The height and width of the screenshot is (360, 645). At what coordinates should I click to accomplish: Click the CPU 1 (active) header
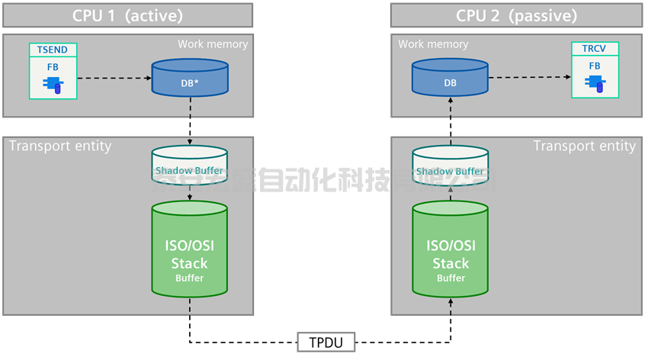click(x=127, y=15)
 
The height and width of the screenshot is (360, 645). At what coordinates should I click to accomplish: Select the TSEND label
click(x=53, y=50)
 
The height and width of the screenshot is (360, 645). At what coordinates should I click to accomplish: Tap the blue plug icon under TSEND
click(x=53, y=83)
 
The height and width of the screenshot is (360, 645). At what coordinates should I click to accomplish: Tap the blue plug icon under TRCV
click(x=595, y=83)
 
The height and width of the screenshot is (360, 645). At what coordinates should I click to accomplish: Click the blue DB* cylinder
click(x=189, y=79)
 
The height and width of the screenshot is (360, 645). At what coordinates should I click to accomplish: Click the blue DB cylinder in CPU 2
click(x=450, y=79)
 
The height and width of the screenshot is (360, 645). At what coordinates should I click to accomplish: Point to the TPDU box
click(x=326, y=342)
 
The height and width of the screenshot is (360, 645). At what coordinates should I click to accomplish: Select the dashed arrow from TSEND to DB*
click(x=114, y=78)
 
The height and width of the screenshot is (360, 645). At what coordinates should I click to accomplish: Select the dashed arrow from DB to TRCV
click(x=530, y=78)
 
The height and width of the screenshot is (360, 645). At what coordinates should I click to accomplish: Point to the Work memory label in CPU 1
click(x=213, y=44)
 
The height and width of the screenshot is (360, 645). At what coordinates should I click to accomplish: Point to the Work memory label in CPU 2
click(x=433, y=44)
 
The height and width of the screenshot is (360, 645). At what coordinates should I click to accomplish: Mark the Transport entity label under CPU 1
click(x=60, y=146)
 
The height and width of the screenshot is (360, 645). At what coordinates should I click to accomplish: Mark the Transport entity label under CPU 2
click(x=584, y=146)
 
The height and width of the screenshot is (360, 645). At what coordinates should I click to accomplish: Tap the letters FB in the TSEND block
click(x=53, y=66)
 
